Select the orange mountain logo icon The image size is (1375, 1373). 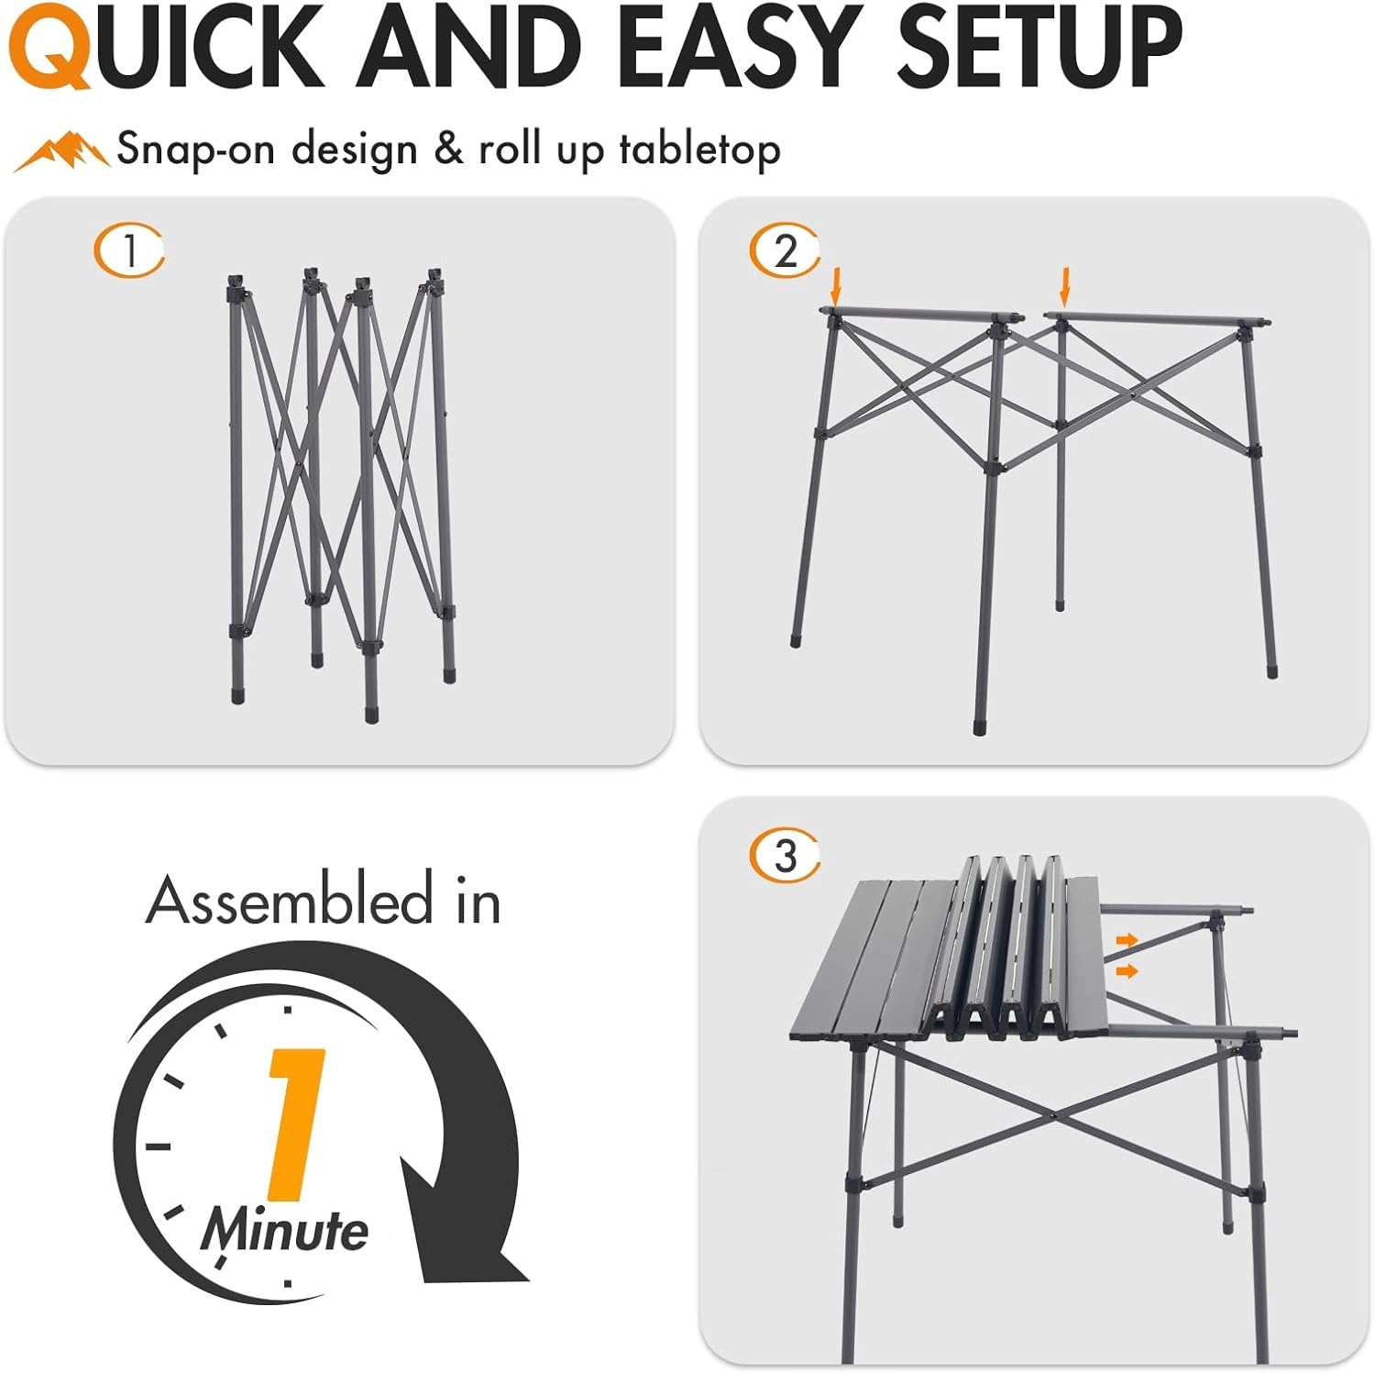pyautogui.click(x=61, y=151)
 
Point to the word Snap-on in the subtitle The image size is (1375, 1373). pyautogui.click(x=195, y=150)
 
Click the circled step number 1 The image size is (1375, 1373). pyautogui.click(x=129, y=250)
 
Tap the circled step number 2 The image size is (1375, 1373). pyautogui.click(x=785, y=250)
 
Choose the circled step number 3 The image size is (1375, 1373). pyautogui.click(x=785, y=856)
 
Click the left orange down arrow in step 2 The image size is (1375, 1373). pyautogui.click(x=835, y=286)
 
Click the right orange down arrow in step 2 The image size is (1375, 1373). pyautogui.click(x=1064, y=286)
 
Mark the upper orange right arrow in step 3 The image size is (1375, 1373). pyautogui.click(x=1127, y=940)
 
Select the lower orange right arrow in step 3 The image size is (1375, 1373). pyautogui.click(x=1127, y=970)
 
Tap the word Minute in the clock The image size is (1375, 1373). pyautogui.click(x=285, y=1230)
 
